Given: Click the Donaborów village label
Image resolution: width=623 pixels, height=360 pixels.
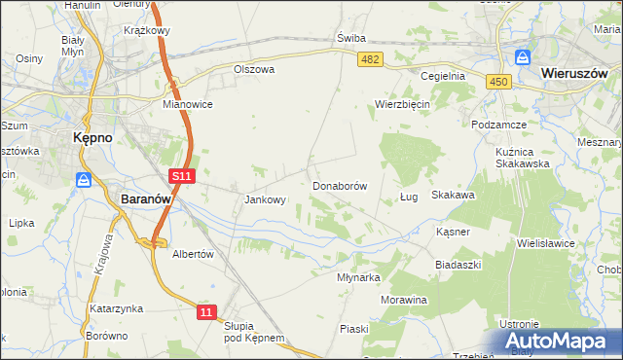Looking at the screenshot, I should [x=339, y=185].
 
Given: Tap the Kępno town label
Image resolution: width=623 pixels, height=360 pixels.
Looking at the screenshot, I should [x=93, y=138].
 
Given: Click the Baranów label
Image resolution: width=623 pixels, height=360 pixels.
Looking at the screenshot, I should [x=146, y=198].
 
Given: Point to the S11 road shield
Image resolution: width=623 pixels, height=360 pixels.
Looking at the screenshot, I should [x=181, y=176].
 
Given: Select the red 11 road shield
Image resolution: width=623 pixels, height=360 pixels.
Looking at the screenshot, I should [x=205, y=311].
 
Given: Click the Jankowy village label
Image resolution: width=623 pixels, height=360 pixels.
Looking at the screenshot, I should [x=265, y=200].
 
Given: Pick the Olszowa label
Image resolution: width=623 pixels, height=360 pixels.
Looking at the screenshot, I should [x=255, y=70].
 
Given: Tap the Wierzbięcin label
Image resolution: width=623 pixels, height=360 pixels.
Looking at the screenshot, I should [x=403, y=104].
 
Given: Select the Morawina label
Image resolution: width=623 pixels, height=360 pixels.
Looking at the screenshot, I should [x=404, y=300].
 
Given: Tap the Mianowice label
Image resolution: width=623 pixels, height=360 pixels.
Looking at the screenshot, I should [x=188, y=103].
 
